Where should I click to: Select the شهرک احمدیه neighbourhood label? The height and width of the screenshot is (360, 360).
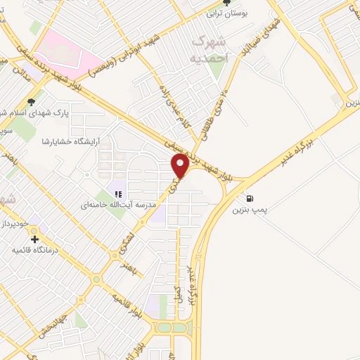coord(209,49)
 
